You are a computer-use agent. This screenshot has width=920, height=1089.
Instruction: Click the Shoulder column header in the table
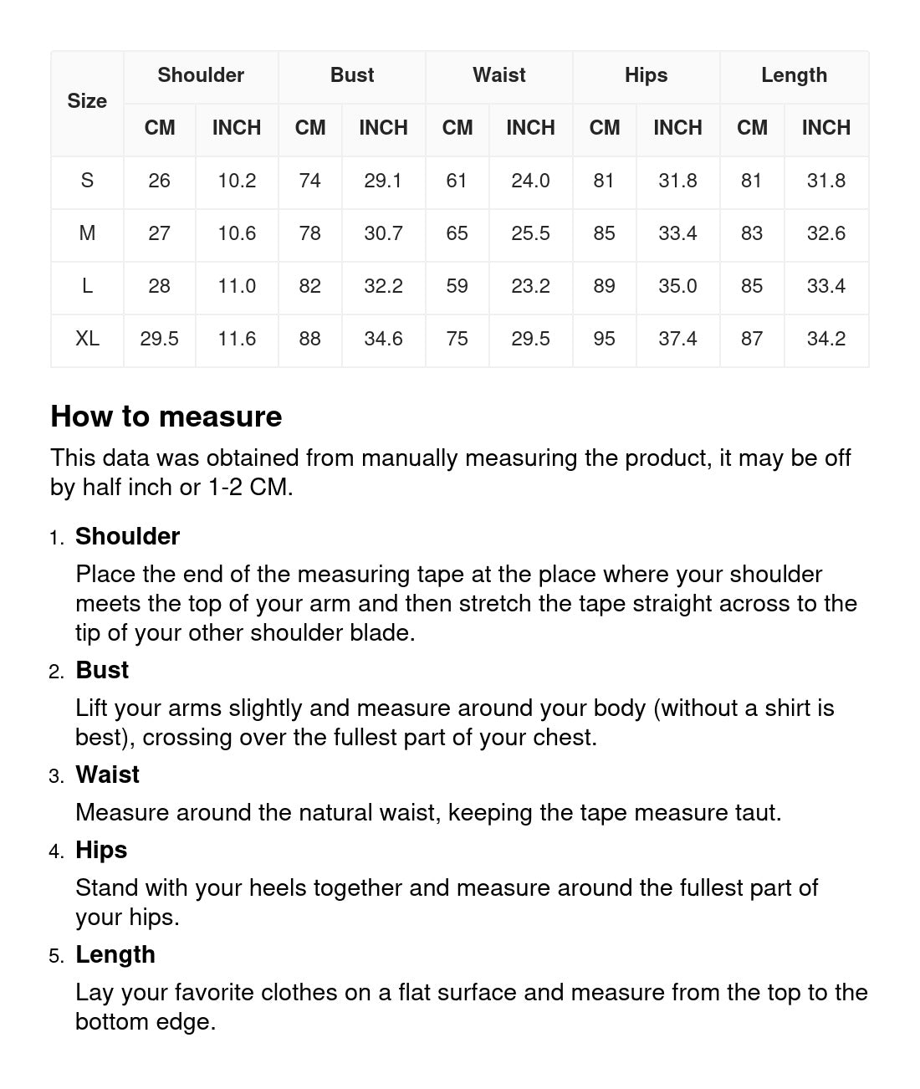(x=201, y=75)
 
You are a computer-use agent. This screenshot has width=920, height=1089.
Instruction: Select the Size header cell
(x=87, y=101)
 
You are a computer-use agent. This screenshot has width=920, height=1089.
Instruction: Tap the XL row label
(x=87, y=339)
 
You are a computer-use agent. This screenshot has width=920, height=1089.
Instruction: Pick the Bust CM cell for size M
(x=309, y=233)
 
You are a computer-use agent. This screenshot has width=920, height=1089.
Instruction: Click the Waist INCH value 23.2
(x=530, y=286)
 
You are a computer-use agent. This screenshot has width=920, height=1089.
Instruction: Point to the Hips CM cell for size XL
(x=604, y=339)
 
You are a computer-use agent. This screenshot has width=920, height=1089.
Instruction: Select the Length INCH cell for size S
(x=825, y=181)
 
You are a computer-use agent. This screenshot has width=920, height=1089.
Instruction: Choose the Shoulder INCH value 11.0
(x=237, y=286)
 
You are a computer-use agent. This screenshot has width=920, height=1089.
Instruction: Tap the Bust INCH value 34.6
(x=383, y=339)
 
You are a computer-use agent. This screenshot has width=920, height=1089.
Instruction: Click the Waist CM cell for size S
(x=457, y=181)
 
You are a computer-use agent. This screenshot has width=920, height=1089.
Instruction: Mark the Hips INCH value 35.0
(x=677, y=286)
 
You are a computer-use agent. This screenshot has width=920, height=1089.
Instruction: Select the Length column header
(x=794, y=75)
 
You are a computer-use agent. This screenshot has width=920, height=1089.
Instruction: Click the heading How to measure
(x=166, y=417)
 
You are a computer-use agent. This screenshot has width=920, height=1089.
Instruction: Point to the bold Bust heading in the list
(x=102, y=670)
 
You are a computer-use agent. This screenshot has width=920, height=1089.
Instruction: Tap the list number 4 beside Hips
(x=56, y=851)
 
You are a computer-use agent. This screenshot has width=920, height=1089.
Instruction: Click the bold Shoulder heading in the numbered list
(x=127, y=536)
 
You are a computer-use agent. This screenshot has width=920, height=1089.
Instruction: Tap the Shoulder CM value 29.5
(x=159, y=339)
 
